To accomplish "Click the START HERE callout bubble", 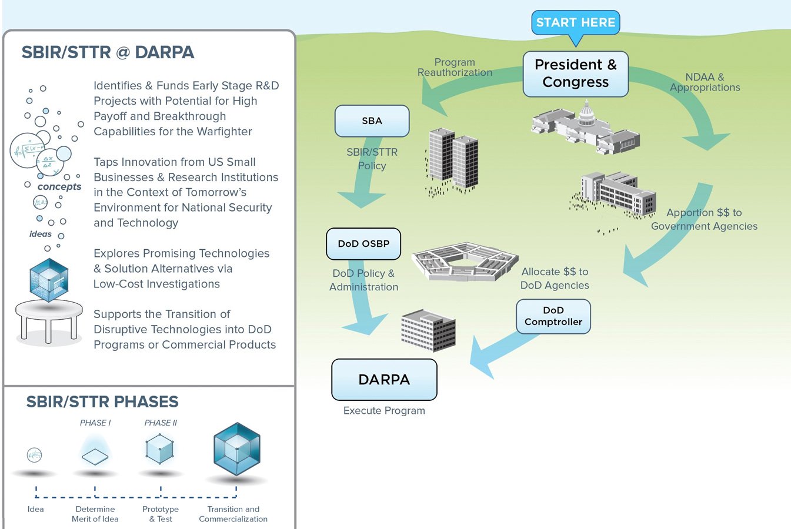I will tap(575, 23).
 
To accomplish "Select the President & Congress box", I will tap(575, 74).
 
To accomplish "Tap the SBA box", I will tap(372, 121).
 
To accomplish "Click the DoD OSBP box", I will tap(363, 244).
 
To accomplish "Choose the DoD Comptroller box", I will tap(553, 316).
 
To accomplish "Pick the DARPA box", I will tap(384, 380).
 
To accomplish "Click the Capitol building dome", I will tap(586, 113).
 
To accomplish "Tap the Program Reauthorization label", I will tap(455, 68).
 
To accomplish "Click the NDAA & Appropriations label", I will tap(705, 82).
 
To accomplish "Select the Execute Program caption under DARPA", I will tap(384, 411).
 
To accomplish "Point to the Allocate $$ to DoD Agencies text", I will tap(555, 279).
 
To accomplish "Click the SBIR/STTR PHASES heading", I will tap(102, 402).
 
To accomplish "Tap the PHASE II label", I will tap(161, 423).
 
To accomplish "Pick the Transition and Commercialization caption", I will tap(233, 514).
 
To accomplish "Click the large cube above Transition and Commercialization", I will tap(236, 449).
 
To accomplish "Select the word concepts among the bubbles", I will tap(59, 187).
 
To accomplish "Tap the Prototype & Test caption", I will tap(161, 514).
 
